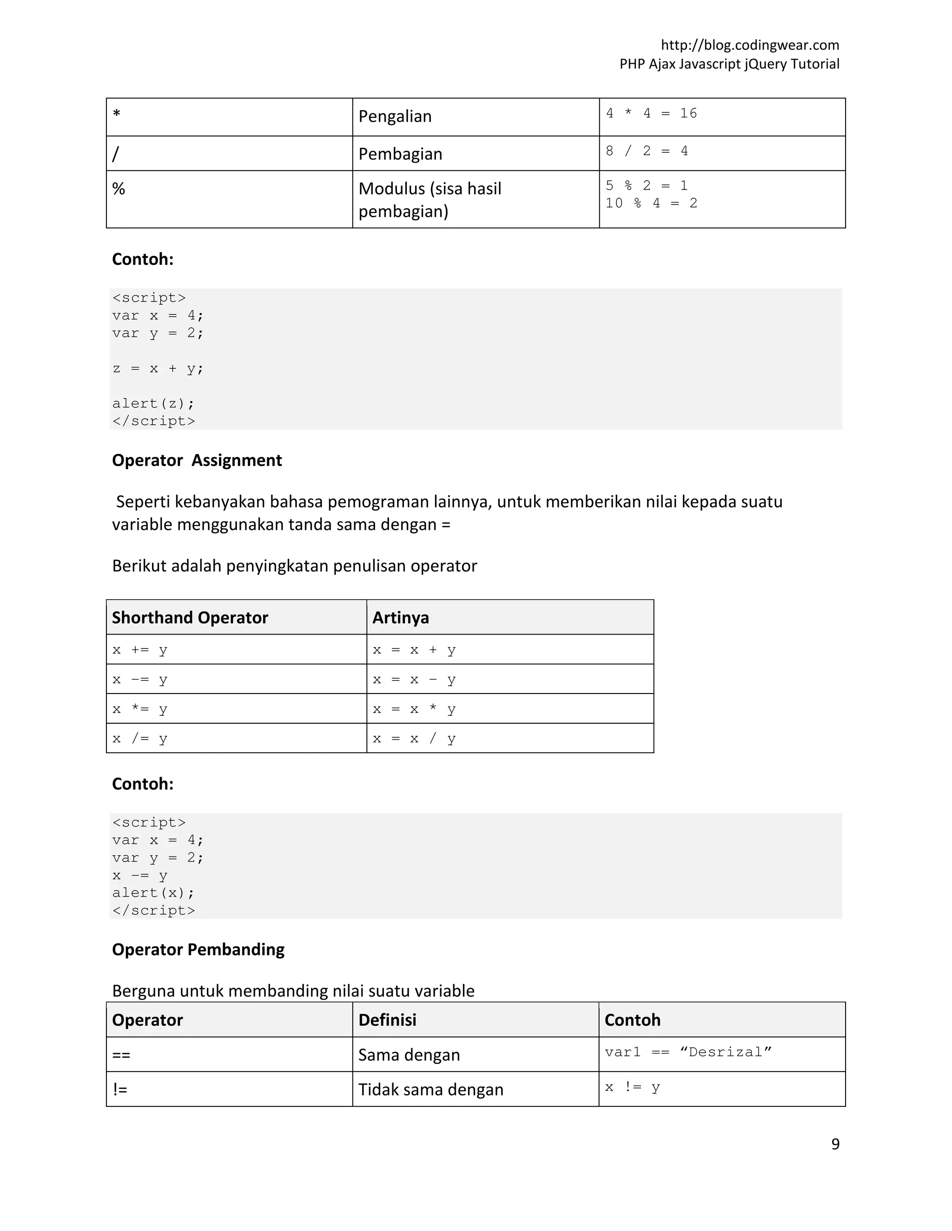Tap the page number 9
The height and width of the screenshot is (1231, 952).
835,1144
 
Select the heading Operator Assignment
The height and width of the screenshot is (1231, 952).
197,460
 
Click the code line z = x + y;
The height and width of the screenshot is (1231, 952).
158,369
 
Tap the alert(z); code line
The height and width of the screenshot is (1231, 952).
153,404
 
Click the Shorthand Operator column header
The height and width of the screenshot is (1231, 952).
190,618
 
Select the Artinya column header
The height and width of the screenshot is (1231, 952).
400,618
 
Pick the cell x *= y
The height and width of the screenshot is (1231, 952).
140,709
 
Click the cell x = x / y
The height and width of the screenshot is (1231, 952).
414,739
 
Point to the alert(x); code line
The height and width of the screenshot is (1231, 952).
153,893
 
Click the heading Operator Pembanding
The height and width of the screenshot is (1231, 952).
198,950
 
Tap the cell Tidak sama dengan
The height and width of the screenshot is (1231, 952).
430,1089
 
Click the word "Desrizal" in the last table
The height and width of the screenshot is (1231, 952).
725,1052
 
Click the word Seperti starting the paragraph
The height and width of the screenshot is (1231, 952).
143,502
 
